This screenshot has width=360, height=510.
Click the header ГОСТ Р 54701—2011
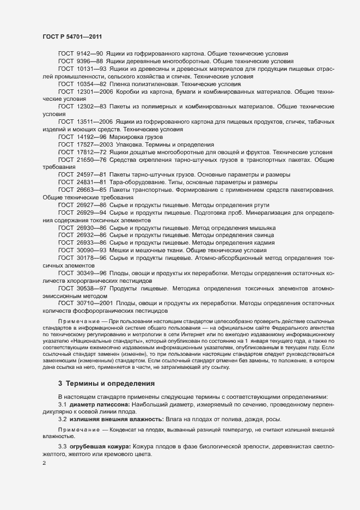click(73, 36)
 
